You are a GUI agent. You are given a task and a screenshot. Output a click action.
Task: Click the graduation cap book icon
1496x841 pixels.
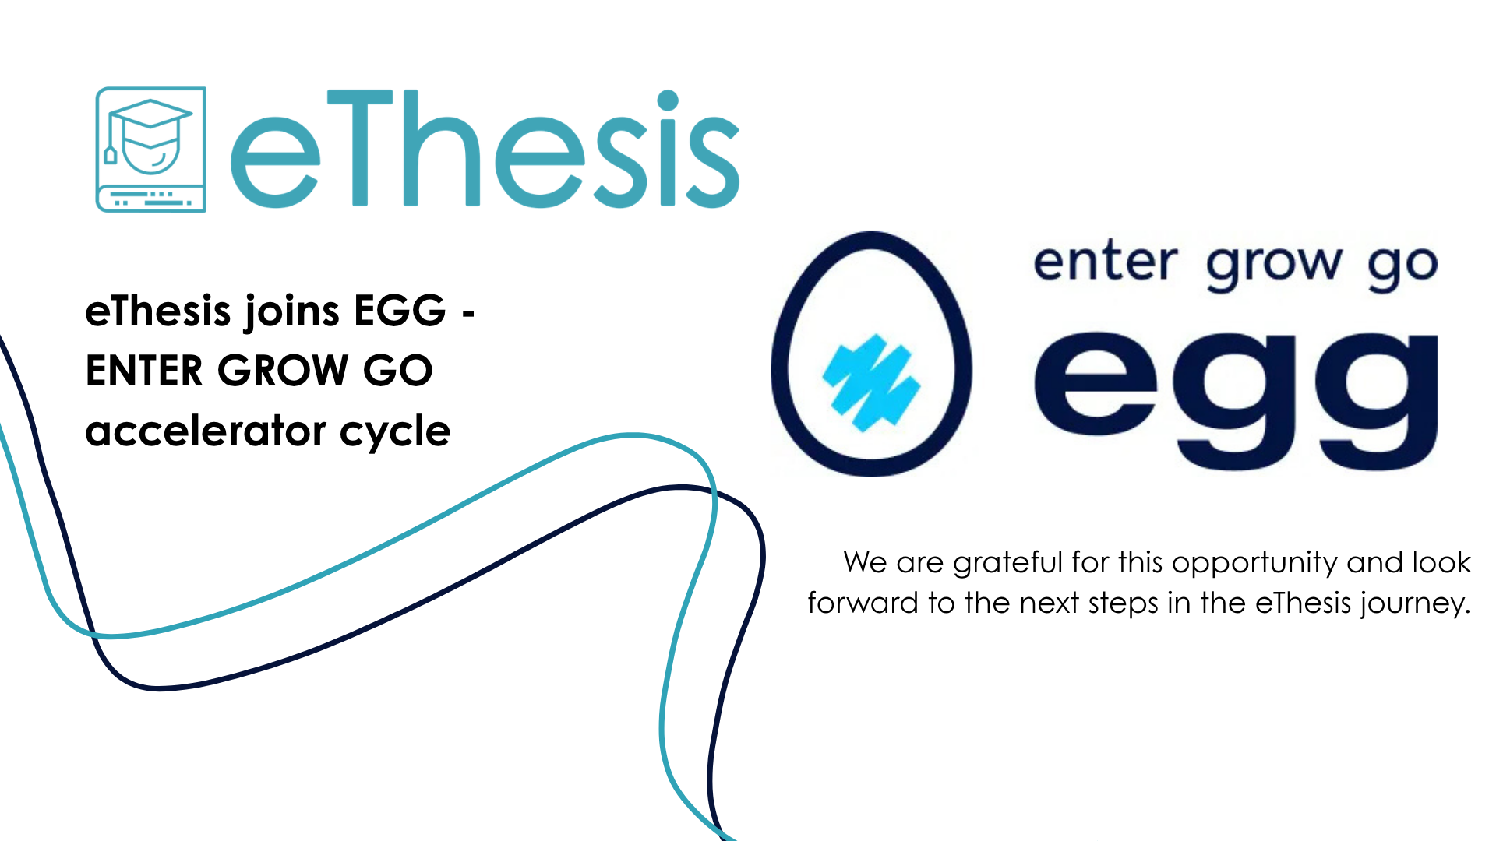[x=150, y=149]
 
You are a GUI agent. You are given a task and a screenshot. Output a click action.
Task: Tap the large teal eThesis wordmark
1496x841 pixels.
[x=485, y=149]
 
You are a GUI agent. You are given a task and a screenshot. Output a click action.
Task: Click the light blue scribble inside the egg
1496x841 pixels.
[x=871, y=382]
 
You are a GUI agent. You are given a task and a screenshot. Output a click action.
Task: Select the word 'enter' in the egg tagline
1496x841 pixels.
[x=1105, y=262]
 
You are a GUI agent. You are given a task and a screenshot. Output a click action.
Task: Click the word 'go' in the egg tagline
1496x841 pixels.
[x=1402, y=267]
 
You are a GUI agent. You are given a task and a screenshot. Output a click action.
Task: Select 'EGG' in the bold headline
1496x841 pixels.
[x=400, y=311]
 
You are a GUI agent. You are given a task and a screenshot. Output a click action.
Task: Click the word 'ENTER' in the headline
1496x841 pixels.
[x=144, y=371]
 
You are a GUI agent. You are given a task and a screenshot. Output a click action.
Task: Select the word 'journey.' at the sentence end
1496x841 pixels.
[x=1416, y=604]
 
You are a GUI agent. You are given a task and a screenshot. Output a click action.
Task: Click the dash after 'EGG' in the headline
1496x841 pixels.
[x=468, y=314]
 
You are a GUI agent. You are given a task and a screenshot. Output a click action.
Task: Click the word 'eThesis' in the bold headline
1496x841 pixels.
[x=158, y=311]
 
